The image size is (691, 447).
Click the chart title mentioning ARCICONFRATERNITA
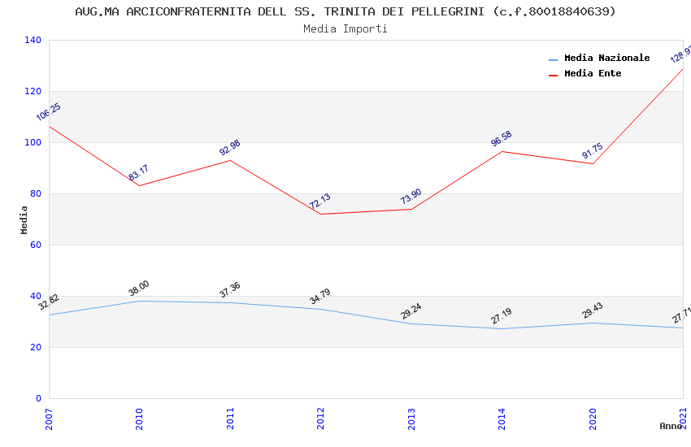(345, 11)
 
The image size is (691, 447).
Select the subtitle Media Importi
(345, 28)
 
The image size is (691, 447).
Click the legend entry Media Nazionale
(606, 58)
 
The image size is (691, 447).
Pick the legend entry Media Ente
(593, 73)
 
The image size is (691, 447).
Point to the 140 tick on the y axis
(33, 40)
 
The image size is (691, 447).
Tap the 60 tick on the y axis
(36, 245)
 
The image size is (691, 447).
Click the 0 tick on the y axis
(38, 398)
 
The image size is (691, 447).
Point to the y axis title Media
(24, 219)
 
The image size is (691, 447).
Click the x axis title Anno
(671, 426)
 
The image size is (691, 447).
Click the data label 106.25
(48, 112)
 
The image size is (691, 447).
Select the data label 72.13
(319, 202)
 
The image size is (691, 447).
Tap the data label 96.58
(501, 139)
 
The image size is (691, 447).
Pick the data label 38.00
(139, 289)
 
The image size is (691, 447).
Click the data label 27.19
(501, 316)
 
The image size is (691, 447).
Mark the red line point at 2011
(230, 160)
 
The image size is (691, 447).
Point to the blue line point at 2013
(411, 323)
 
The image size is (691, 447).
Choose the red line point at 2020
(593, 163)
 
